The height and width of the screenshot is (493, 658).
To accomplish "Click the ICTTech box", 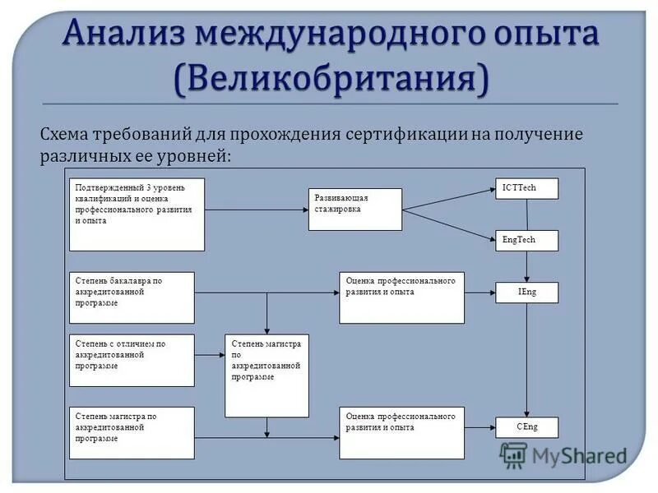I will tap(526, 188).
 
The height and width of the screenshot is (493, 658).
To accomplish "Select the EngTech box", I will tap(526, 240).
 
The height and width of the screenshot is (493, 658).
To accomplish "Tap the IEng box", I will tap(526, 292).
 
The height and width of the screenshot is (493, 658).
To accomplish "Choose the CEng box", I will tap(526, 427).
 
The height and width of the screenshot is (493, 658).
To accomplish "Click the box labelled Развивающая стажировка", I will tap(356, 209).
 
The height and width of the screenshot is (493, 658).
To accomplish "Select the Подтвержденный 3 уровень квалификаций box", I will tap(137, 214).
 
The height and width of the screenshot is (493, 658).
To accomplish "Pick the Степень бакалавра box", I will tap(132, 297).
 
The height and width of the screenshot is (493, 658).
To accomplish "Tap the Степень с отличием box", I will tap(132, 360).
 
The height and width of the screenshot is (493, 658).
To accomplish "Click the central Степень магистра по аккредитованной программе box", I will tap(267, 376).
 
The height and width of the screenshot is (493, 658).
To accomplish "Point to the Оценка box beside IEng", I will tap(401, 297).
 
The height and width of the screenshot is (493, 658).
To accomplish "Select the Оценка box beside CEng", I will tap(401, 432).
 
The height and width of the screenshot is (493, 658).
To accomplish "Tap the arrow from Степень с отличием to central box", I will tap(210, 354).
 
